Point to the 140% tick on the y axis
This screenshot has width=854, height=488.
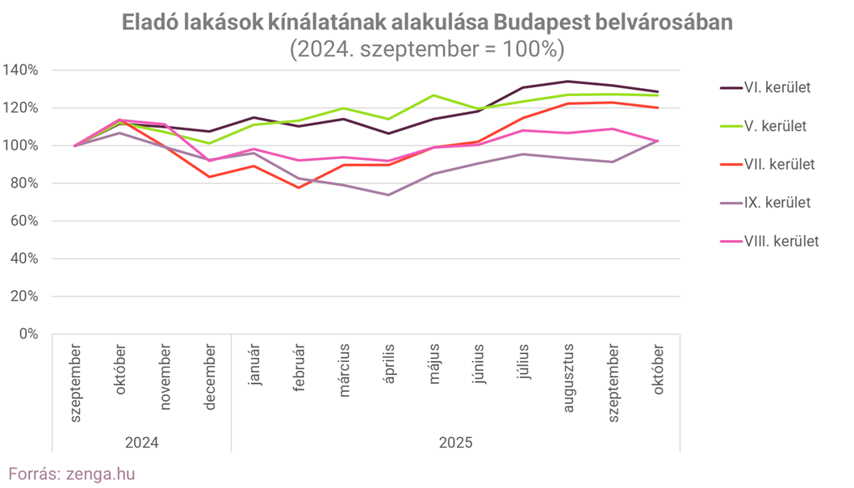coord(21,70)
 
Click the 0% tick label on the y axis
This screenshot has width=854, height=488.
coord(27,334)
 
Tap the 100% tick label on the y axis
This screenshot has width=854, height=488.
coord(21,145)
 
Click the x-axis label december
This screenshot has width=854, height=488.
coord(210,377)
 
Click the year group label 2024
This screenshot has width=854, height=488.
coord(142,443)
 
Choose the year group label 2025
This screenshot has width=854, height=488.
coord(456,443)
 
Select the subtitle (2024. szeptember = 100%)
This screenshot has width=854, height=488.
coord(427,48)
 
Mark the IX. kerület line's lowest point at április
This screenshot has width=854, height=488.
coord(389,195)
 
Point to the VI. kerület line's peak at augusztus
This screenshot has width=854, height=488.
coord(568,81)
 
